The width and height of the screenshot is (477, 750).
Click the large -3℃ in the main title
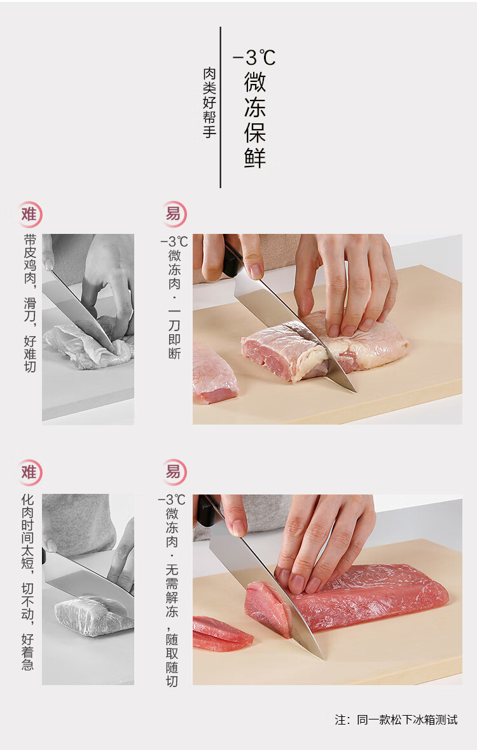click(254, 58)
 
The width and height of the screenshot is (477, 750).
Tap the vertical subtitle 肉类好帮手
click(209, 103)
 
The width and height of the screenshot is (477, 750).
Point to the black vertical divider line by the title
click(220, 107)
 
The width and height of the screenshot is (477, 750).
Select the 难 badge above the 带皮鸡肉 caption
click(30, 214)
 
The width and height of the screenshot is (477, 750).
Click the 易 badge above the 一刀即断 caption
click(174, 214)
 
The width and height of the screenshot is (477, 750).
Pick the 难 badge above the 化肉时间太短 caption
click(30, 473)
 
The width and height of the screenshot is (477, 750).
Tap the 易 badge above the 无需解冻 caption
click(174, 473)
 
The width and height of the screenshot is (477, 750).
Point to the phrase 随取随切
click(172, 660)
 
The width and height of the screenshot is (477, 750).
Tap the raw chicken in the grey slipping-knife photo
click(88, 344)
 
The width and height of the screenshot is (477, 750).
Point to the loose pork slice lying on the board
click(221, 633)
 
